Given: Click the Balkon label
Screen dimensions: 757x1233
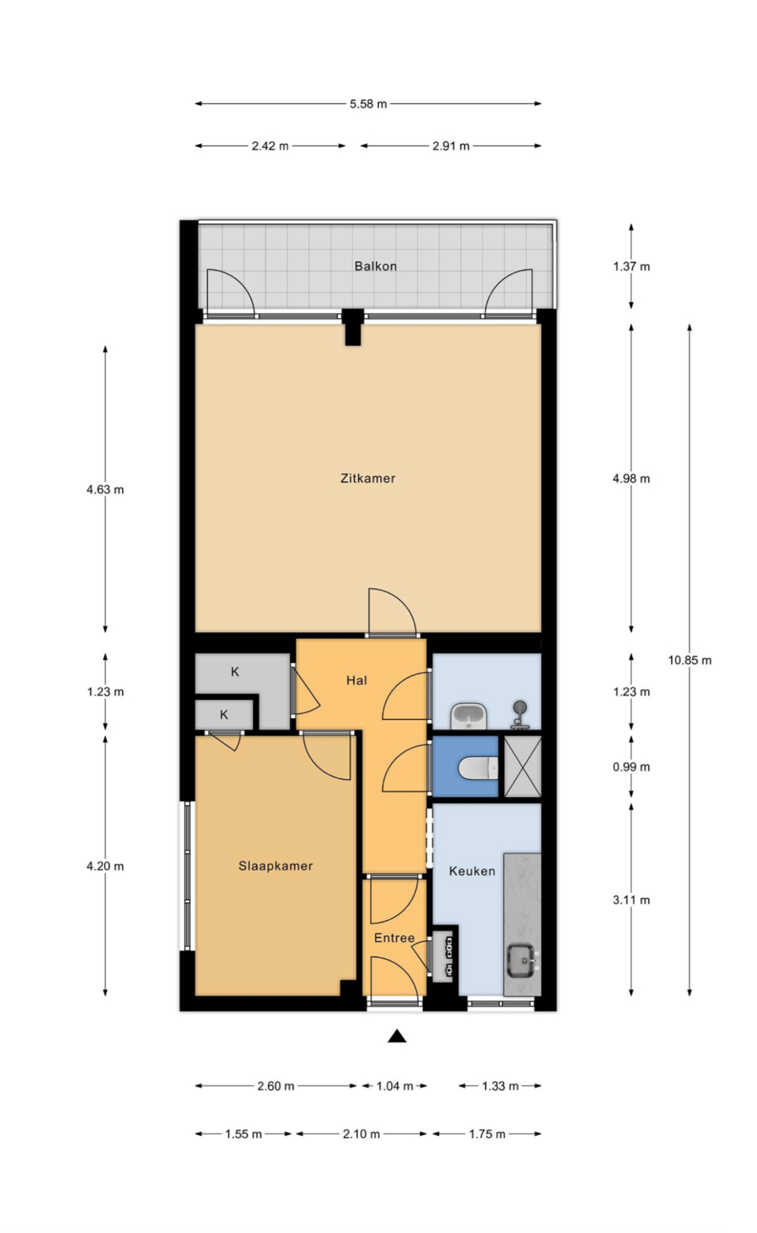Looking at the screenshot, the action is tap(375, 267).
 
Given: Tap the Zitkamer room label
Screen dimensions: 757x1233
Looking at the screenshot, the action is tap(367, 479).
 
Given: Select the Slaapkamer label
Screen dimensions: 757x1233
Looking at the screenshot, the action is tap(275, 866).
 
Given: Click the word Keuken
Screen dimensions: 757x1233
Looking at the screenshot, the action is tap(472, 871).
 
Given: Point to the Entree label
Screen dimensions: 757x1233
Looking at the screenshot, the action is tap(394, 938).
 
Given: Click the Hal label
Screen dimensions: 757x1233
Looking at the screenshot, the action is tap(357, 680).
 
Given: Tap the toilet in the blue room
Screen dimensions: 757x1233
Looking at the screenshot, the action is tap(478, 767).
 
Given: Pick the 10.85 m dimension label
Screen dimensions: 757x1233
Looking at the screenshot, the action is tap(689, 660).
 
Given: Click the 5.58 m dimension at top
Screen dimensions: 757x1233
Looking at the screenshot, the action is tap(368, 104).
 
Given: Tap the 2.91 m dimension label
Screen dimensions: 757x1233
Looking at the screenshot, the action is tap(451, 145).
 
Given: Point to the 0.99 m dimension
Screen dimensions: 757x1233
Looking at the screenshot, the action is tap(631, 767).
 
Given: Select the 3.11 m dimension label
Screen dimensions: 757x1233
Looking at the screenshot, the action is tap(631, 900).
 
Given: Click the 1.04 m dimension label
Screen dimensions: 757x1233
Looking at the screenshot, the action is tap(394, 1086).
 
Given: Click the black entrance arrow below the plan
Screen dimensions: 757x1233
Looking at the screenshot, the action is tap(397, 1036).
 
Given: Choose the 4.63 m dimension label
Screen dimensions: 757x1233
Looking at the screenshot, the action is tap(105, 489).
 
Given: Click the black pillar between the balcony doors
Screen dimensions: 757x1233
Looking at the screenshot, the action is tap(353, 328).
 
